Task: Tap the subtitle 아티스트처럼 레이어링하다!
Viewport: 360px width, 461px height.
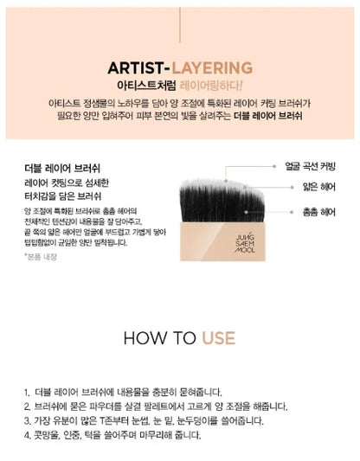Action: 179,86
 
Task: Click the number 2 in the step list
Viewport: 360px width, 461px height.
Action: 29,407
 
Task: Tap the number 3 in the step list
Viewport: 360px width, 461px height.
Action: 29,421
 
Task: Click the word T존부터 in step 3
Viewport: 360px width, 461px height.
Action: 119,421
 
